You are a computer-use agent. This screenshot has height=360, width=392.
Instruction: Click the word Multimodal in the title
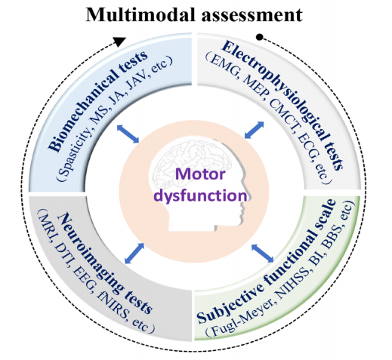(x=140, y=14)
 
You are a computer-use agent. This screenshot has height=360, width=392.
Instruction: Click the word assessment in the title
(x=252, y=16)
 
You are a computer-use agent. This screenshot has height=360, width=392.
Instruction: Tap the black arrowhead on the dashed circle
(x=119, y=42)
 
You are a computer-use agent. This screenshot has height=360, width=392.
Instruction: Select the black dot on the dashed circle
(x=260, y=38)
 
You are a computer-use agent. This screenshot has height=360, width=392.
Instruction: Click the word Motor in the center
(x=200, y=174)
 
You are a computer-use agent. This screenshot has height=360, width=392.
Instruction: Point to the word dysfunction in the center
(x=200, y=195)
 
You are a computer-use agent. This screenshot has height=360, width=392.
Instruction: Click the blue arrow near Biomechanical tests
(x=128, y=134)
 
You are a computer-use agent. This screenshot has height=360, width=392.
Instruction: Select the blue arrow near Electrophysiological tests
(x=254, y=130)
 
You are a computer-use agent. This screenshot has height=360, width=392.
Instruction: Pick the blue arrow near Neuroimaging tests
(x=134, y=254)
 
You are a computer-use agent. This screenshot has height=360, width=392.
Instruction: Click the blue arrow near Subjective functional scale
(x=262, y=253)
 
